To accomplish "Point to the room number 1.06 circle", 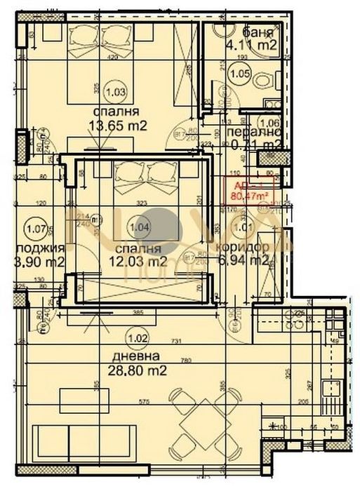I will [x=269, y=124].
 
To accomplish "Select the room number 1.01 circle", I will [x=241, y=227].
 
